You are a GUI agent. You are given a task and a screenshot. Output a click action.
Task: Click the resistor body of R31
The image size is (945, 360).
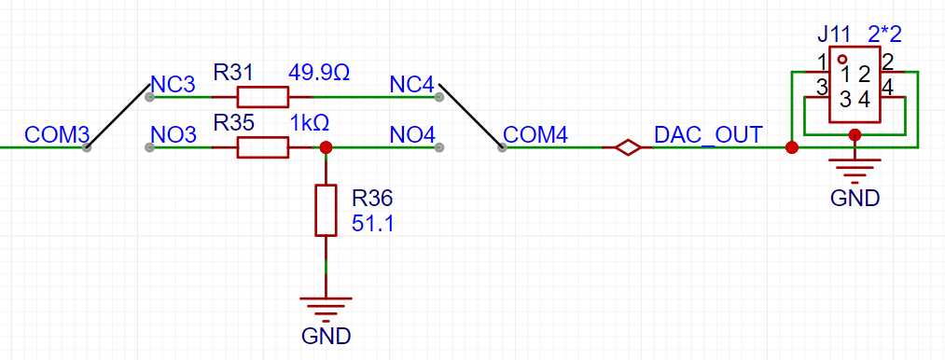tap(263, 96)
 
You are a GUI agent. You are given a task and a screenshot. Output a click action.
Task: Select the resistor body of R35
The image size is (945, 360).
tap(263, 147)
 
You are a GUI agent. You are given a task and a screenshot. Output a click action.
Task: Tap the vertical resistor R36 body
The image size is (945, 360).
tap(325, 210)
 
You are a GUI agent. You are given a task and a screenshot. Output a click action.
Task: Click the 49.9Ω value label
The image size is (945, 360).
tap(319, 72)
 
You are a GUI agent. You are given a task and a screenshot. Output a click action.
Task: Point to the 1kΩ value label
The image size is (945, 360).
tap(309, 123)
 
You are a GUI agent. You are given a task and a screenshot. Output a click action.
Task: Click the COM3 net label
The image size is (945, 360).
tap(56, 134)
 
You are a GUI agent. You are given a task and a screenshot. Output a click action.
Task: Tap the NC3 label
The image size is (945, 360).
tap(173, 85)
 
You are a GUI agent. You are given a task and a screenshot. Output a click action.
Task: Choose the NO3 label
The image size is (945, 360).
tap(173, 135)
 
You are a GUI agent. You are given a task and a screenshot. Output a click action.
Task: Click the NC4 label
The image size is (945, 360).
tap(412, 85)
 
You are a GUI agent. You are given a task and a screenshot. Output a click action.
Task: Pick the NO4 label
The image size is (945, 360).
tap(412, 135)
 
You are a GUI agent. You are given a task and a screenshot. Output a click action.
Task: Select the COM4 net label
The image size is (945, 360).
tap(535, 135)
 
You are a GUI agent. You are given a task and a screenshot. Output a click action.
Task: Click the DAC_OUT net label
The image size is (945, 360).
tap(709, 134)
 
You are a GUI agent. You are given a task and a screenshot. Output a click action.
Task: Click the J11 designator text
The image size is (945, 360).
tap(836, 35)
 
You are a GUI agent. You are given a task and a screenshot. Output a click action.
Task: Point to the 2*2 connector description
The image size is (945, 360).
tap(884, 35)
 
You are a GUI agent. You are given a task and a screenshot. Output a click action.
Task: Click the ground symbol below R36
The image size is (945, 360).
tap(326, 305)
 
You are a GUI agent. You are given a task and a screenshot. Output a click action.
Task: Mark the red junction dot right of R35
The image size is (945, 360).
tap(326, 147)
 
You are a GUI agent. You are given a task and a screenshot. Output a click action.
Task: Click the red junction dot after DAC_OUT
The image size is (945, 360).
tap(792, 147)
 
